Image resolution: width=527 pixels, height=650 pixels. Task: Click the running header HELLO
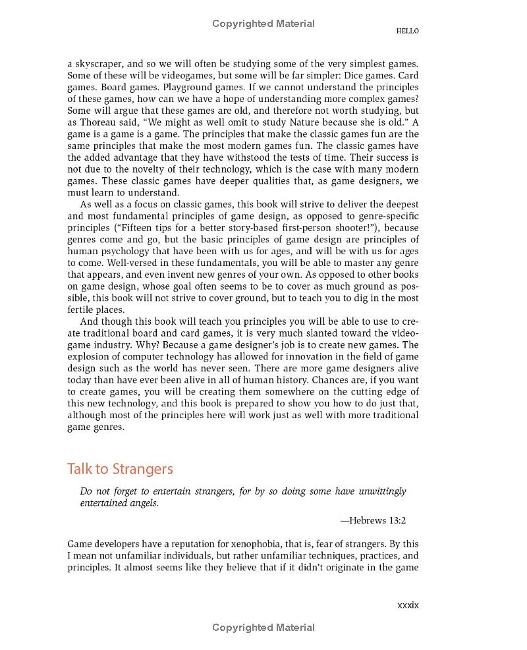point(407,31)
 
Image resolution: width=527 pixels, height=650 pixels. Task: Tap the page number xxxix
point(408,605)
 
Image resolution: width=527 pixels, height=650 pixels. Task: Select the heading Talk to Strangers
point(120,469)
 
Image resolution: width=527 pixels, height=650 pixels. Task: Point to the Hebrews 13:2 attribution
point(373,520)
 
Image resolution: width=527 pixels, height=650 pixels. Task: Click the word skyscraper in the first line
point(99,64)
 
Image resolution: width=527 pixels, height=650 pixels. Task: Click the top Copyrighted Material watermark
point(263,24)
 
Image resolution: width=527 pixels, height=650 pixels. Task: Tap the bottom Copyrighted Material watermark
point(263,628)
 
